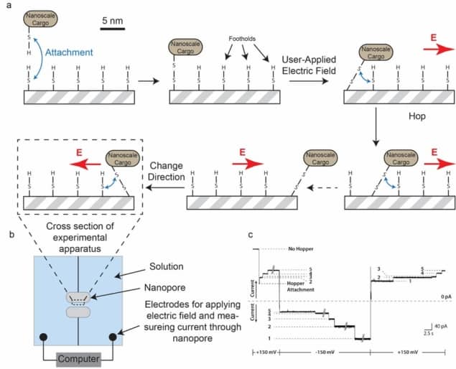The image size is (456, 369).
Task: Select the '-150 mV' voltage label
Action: pos(324,352)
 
